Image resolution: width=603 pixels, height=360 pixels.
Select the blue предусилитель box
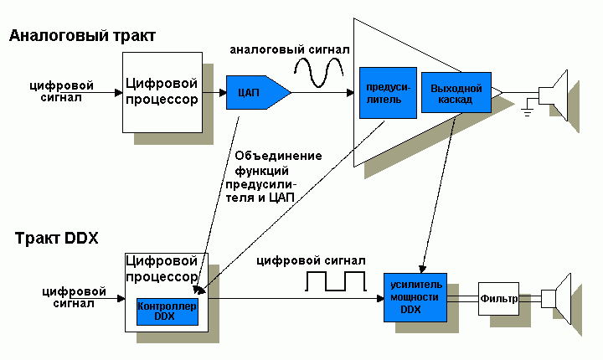click(382, 92)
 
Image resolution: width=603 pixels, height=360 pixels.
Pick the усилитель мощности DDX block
click(417, 296)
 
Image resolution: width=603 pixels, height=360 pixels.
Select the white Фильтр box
click(498, 298)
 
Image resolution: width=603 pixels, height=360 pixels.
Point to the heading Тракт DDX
click(57, 238)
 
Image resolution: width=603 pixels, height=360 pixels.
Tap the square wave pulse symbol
click(332, 281)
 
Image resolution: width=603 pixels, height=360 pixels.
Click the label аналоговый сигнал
click(290, 51)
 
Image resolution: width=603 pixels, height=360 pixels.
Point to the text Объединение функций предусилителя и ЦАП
click(266, 176)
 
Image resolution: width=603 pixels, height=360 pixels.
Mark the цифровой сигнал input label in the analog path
click(61, 90)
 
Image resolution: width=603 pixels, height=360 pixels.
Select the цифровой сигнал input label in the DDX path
click(75, 297)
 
